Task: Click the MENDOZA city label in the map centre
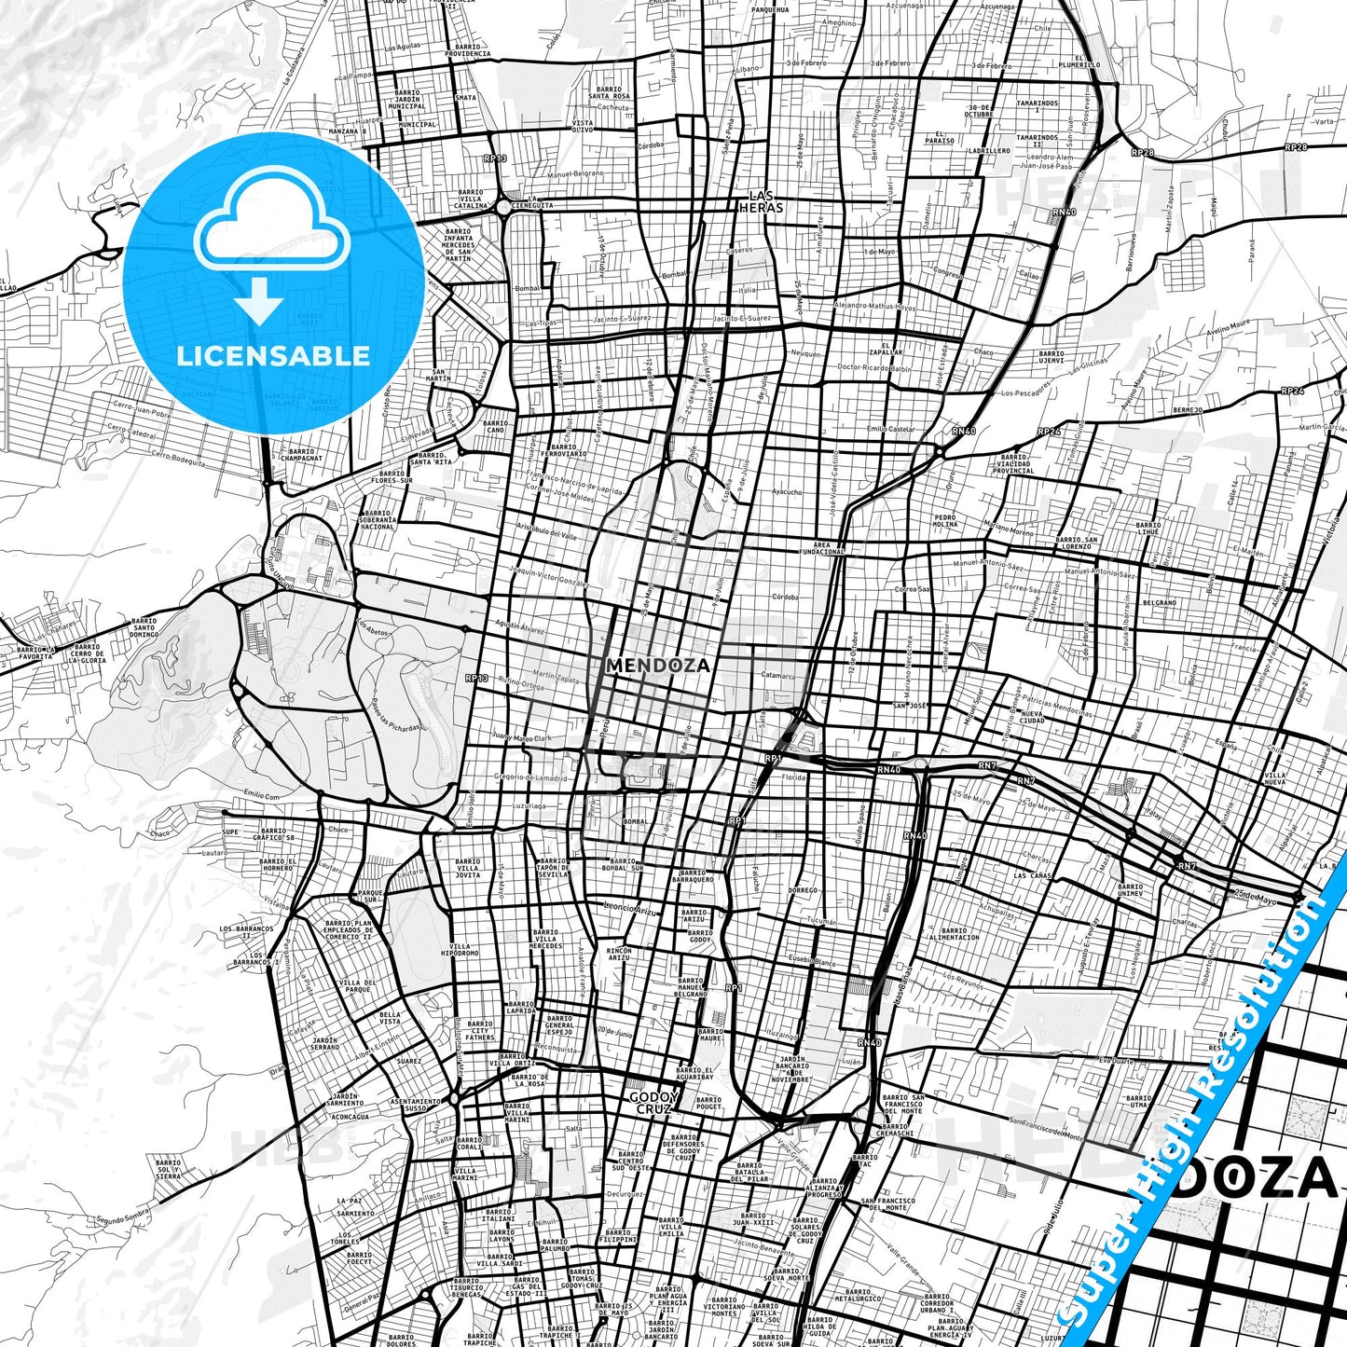point(657,666)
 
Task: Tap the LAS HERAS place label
point(762,201)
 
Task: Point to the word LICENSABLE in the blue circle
point(273,355)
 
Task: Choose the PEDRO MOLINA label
point(945,520)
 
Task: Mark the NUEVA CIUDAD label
point(1031,716)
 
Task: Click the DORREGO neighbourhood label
point(802,890)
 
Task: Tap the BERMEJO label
point(1188,409)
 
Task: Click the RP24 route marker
point(1292,392)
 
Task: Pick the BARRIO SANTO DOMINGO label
point(144,627)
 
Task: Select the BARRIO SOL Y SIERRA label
point(169,1169)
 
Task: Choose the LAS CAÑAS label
point(1033,876)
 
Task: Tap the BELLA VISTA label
point(390,1018)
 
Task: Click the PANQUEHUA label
point(770,9)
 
